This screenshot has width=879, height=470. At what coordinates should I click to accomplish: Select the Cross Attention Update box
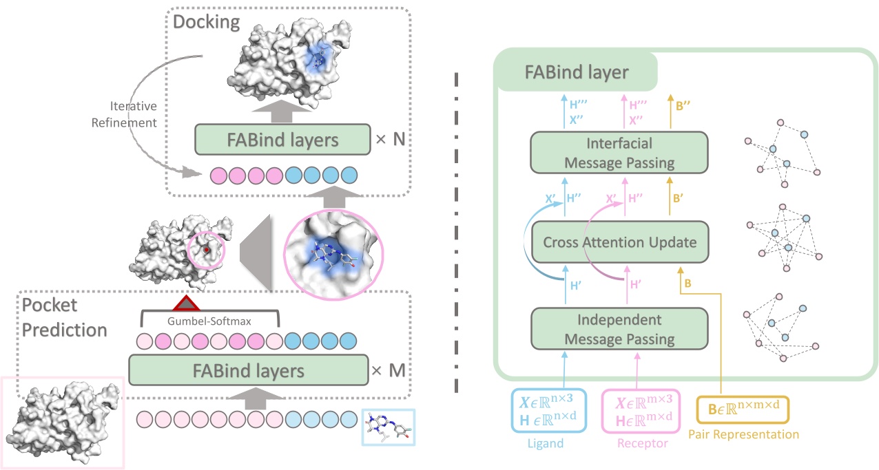(x=619, y=242)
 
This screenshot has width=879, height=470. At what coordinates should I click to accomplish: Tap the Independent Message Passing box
(x=619, y=330)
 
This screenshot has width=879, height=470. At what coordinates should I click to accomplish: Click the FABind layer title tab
(x=576, y=71)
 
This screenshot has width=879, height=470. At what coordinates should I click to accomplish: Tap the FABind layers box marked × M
(x=247, y=372)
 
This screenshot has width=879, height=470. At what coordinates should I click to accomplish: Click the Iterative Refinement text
(x=135, y=114)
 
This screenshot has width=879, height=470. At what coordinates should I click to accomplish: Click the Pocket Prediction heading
(x=64, y=317)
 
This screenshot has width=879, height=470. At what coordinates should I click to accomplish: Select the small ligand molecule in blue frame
(x=389, y=427)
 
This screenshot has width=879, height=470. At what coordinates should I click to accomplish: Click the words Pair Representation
(x=743, y=434)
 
